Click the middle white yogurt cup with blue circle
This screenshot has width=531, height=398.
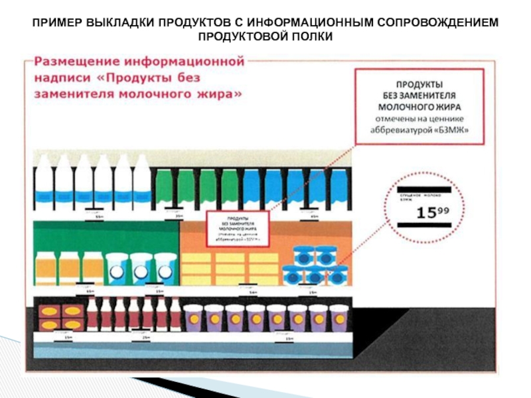click(141, 268)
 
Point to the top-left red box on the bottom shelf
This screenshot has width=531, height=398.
click(50, 310)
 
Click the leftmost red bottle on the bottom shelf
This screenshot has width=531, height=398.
click(92, 314)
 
